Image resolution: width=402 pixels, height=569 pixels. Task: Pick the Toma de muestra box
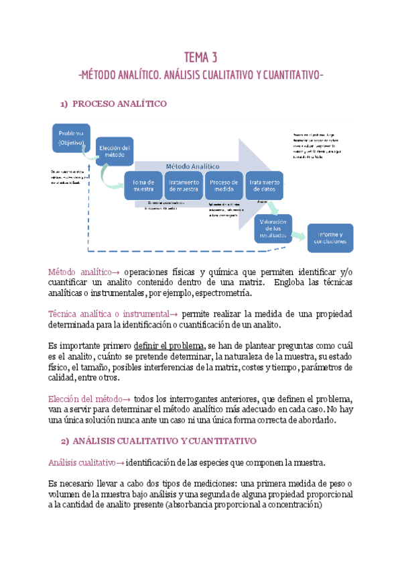[x=143, y=185]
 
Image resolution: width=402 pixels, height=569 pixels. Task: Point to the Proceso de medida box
[x=224, y=185]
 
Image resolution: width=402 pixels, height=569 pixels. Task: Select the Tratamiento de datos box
[x=265, y=185]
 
